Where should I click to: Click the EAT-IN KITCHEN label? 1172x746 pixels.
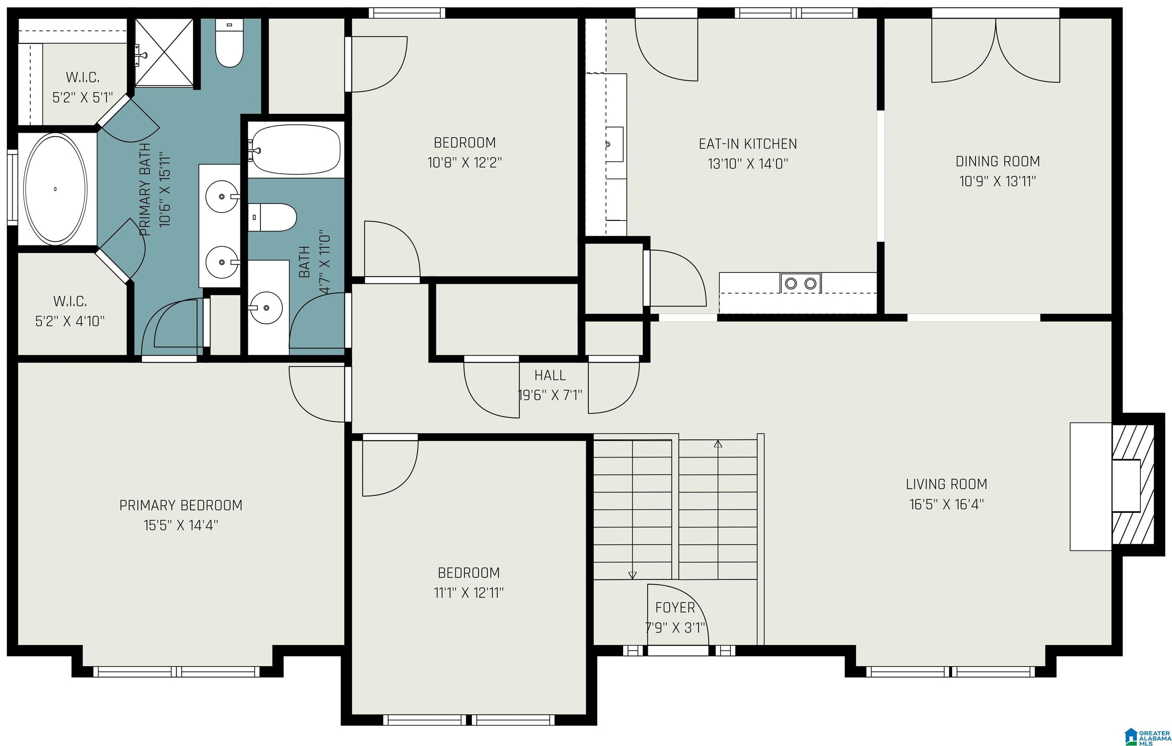pos(748,144)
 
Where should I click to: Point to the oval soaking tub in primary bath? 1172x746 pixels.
pos(56,189)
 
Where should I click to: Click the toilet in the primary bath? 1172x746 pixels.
pos(230,43)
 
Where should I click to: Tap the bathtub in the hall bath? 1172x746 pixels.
pos(296,149)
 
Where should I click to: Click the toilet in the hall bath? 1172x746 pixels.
pos(272,218)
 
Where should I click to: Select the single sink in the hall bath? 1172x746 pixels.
pos(266,307)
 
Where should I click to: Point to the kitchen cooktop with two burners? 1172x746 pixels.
pos(801,283)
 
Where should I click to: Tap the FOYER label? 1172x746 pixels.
pos(675,607)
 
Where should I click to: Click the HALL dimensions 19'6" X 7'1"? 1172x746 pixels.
pos(550,395)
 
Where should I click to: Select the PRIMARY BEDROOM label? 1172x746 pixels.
pos(181,505)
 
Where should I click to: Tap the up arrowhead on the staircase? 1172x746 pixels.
pos(718,444)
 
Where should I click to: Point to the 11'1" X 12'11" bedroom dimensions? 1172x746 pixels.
pos(469,593)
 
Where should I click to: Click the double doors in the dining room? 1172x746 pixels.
pos(996,51)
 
